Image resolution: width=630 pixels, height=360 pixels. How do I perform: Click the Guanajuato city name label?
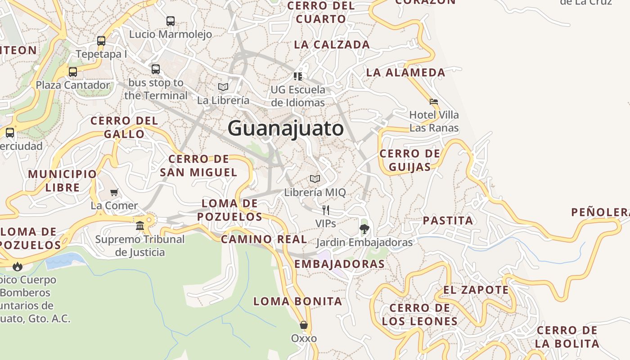[286, 129]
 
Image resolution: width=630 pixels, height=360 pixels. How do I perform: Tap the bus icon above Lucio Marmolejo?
[170, 21]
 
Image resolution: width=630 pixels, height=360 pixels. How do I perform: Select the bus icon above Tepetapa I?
[101, 41]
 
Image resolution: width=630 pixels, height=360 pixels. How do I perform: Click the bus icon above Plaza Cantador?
[73, 72]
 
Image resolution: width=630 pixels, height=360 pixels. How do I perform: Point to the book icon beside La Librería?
[223, 87]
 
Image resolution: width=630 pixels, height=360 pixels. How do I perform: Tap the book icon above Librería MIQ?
[315, 179]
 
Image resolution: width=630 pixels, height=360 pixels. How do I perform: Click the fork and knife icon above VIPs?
[325, 210]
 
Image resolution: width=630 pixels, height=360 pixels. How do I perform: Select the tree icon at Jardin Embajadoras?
[364, 229]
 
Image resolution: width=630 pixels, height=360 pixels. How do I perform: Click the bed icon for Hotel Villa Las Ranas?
[434, 102]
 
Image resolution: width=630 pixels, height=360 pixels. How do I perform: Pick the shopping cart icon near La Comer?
[114, 193]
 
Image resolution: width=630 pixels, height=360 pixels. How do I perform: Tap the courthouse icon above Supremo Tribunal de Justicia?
[140, 225]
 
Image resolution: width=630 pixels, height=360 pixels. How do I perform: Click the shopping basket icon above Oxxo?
[304, 325]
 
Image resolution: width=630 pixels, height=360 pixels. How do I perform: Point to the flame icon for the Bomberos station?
[18, 266]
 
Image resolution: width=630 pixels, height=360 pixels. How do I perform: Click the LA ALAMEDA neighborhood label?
[405, 72]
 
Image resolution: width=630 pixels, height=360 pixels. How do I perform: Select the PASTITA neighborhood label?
[448, 220]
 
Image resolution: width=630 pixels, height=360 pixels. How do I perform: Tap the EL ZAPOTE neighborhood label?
[476, 290]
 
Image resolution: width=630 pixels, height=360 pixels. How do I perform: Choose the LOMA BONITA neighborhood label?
[297, 301]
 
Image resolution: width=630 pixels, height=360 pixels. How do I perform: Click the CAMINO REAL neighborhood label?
[264, 239]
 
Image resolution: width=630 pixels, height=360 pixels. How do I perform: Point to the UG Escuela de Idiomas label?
[297, 96]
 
